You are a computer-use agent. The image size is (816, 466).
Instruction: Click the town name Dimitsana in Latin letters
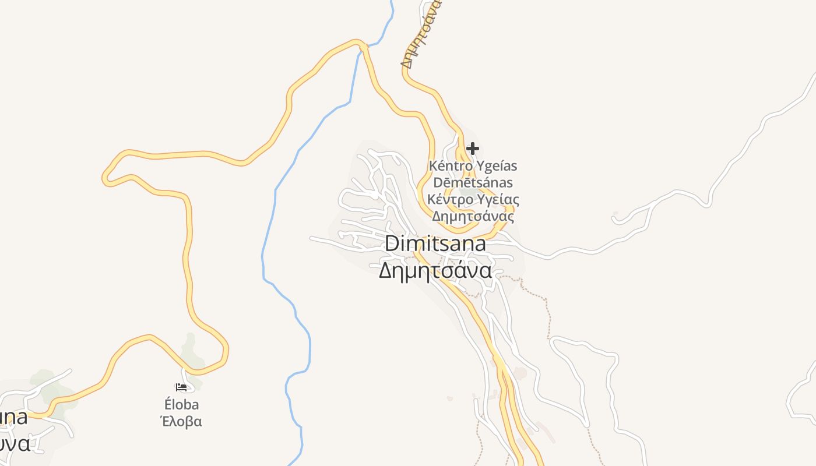[435, 244]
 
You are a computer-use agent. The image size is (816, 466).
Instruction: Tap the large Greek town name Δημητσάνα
[435, 271]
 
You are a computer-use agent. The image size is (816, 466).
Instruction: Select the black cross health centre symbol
[472, 149]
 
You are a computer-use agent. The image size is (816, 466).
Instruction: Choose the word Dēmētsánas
[473, 183]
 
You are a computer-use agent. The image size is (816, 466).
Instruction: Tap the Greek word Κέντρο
[449, 200]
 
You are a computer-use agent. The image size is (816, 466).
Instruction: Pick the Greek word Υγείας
[498, 200]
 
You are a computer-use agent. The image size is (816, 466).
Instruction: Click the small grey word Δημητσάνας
[473, 217]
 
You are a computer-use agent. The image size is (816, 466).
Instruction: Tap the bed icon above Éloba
[181, 387]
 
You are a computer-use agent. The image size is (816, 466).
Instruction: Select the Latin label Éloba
[181, 404]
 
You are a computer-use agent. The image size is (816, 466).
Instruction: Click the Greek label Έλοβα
[181, 421]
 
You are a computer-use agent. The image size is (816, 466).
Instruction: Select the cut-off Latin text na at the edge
[13, 418]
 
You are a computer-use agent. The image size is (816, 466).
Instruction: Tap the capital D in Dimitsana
[391, 244]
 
